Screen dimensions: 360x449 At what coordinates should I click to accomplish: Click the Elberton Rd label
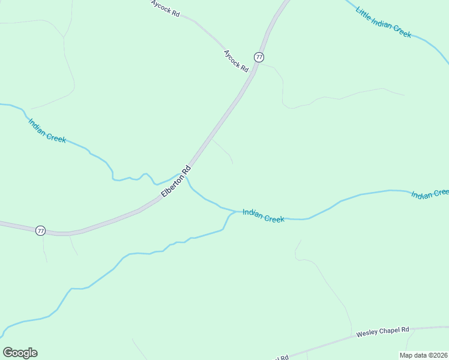coord(176,181)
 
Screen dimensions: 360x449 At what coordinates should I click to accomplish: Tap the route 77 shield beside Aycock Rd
coord(259,57)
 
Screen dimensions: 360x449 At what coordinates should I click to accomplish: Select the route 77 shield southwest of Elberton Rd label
coord(40,230)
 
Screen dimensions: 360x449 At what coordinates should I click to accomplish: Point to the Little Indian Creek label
coord(384,22)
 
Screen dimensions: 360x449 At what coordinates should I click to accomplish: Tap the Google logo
coord(20,353)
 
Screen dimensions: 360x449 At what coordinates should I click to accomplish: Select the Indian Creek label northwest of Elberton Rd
coord(47,130)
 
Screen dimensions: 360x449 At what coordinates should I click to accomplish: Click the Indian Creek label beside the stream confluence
coord(263,215)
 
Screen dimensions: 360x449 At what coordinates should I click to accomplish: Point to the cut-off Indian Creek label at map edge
coord(430,193)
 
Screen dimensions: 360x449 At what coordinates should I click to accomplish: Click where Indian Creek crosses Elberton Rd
coord(183,175)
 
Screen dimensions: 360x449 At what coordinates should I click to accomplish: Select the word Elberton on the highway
coord(173,184)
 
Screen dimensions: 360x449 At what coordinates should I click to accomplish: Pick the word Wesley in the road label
coord(366,333)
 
